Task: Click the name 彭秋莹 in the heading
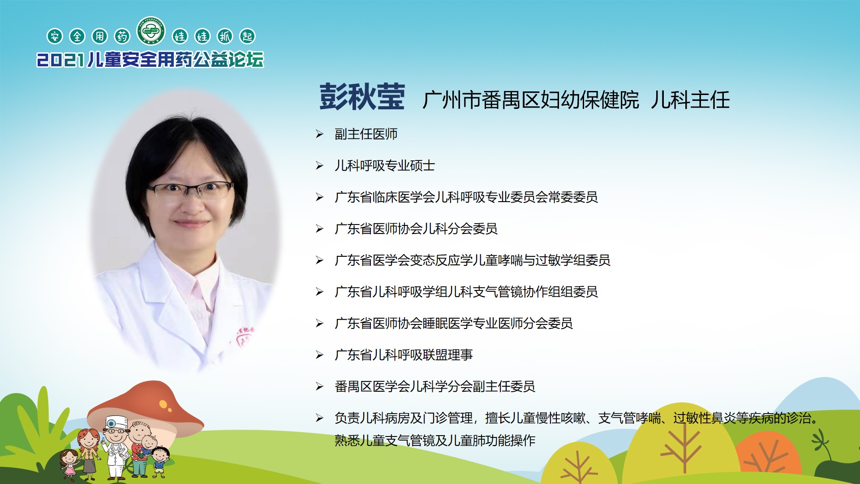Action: coord(362,97)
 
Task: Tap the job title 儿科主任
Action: coord(690,99)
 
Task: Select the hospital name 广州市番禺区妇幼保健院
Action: coord(531,99)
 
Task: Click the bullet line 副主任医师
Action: coord(366,134)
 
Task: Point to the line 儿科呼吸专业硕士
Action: coord(385,166)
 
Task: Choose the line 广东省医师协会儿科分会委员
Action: coord(416,229)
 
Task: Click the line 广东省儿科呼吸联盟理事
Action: coord(404,355)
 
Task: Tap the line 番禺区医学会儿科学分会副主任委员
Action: coord(435,386)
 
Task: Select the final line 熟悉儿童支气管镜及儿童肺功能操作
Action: coord(435,441)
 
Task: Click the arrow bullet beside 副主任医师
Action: coord(319,134)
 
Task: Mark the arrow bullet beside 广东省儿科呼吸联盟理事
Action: coord(319,355)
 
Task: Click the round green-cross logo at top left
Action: coord(151,30)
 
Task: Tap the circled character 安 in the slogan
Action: coord(55,36)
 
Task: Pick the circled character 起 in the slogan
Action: coord(247,36)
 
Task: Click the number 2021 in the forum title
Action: coord(60,60)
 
